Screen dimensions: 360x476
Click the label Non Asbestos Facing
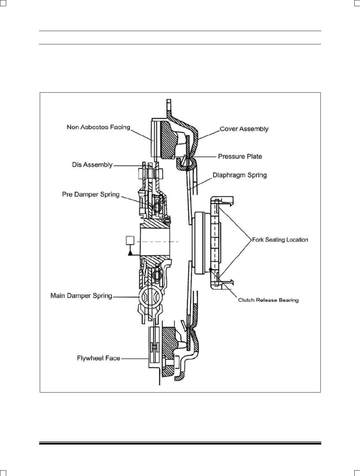pos(98,127)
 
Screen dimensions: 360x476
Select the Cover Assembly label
pos(244,129)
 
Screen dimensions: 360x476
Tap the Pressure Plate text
pos(240,156)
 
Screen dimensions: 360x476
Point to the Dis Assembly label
pos(92,165)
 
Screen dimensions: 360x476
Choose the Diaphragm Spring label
pos(240,175)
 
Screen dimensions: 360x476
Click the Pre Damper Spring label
pos(91,194)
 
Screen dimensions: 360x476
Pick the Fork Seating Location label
pos(280,240)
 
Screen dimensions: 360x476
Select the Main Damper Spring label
pos(81,296)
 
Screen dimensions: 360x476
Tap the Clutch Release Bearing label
pos(268,300)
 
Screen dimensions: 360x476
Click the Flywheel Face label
pos(99,358)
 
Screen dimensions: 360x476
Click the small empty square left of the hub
pos(130,241)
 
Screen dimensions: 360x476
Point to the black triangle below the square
pos(130,253)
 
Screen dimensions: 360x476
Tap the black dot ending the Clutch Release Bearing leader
pos(210,269)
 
